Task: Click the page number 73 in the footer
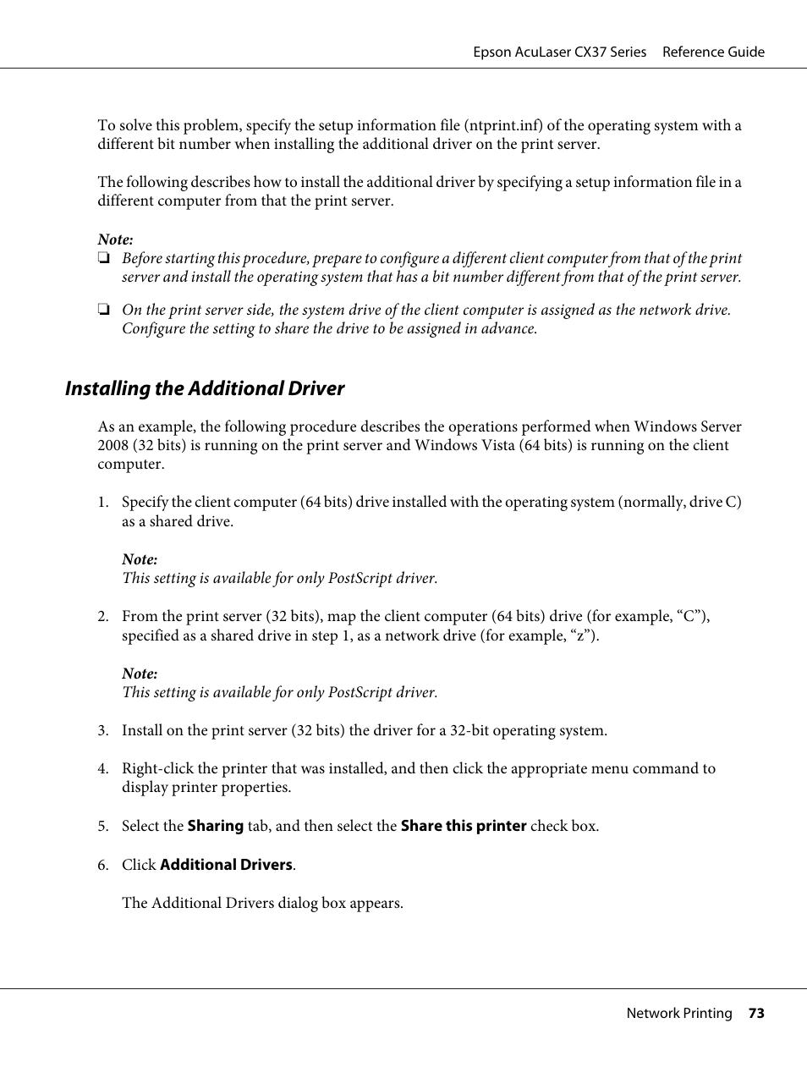[x=755, y=1013]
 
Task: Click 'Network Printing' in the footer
[x=678, y=1013]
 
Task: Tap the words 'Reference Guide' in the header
[x=712, y=52]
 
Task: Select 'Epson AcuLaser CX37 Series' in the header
[x=559, y=52]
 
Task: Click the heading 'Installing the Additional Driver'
[x=205, y=388]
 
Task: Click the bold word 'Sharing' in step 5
[x=215, y=826]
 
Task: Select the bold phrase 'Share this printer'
[x=463, y=826]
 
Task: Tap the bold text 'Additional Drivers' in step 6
[x=226, y=865]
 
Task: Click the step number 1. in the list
[x=102, y=502]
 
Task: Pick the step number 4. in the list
[x=102, y=768]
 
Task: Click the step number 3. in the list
[x=102, y=730]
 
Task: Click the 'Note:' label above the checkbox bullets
[x=115, y=239]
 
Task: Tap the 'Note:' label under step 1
[x=140, y=559]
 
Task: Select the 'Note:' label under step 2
[x=140, y=674]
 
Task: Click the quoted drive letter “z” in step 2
[x=580, y=635]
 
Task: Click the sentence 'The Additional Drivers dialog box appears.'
[x=262, y=903]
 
